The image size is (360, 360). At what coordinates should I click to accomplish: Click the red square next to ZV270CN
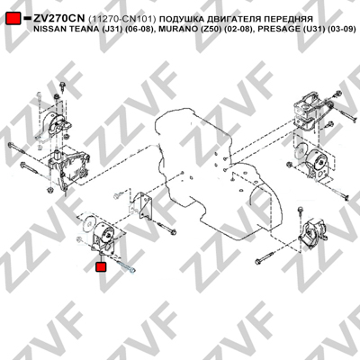click(x=13, y=18)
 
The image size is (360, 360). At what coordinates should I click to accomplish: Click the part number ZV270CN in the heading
click(x=59, y=19)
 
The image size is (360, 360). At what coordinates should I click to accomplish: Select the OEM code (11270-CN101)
click(x=122, y=19)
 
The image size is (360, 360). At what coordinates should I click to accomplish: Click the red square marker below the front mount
click(x=101, y=266)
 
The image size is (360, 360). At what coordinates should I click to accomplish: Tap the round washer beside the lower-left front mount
click(x=89, y=223)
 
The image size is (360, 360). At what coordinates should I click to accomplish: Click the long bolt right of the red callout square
click(x=125, y=266)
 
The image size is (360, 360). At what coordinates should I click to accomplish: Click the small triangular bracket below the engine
click(x=142, y=204)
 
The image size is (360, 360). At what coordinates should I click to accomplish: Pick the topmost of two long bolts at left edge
click(x=22, y=150)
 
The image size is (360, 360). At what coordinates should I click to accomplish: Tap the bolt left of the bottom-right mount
click(x=265, y=257)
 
